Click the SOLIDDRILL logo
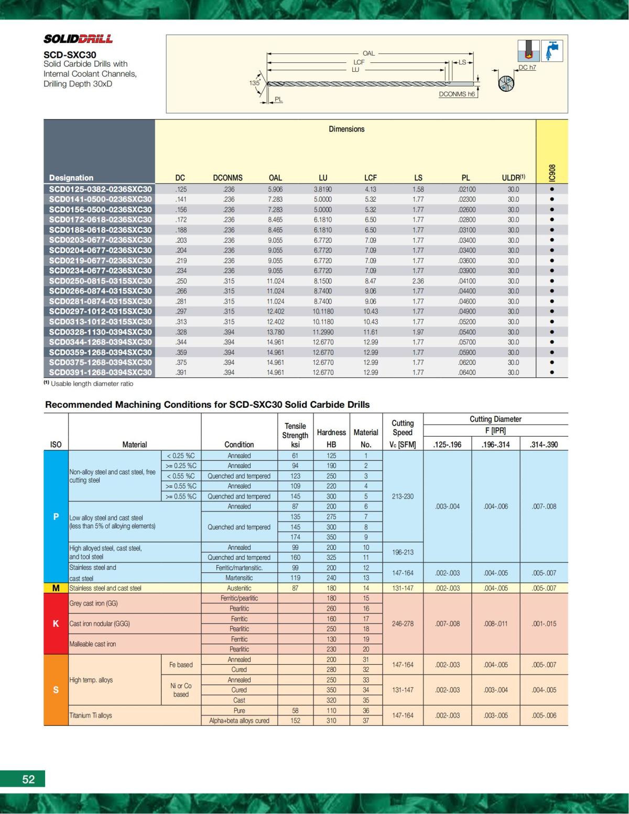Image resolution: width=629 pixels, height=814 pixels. pyautogui.click(x=78, y=39)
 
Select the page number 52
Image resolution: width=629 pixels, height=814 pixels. pyautogui.click(x=28, y=779)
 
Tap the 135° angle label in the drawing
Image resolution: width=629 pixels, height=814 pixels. pyautogui.click(x=254, y=83)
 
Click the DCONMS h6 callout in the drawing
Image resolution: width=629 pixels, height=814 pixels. pyautogui.click(x=457, y=94)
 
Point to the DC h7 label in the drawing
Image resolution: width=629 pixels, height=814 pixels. pyautogui.click(x=527, y=68)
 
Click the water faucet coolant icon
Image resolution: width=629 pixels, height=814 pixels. pyautogui.click(x=551, y=51)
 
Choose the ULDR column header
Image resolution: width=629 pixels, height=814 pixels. pyautogui.click(x=513, y=178)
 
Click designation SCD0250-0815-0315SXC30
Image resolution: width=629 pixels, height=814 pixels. pyautogui.click(x=100, y=281)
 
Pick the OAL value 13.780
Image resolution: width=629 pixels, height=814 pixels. pyautogui.click(x=275, y=332)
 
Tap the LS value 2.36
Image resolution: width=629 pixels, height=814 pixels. pyautogui.click(x=418, y=281)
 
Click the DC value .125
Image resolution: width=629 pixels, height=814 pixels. pyautogui.click(x=180, y=189)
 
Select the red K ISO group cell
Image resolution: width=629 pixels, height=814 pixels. pyautogui.click(x=56, y=624)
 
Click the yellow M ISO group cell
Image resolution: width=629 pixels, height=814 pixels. pyautogui.click(x=56, y=588)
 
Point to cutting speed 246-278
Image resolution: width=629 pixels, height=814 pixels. pyautogui.click(x=403, y=624)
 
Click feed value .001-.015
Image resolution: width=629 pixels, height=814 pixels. pyautogui.click(x=544, y=624)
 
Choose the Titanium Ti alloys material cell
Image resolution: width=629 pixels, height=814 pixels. pyautogui.click(x=91, y=715)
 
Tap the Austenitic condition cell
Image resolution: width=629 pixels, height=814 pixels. pyautogui.click(x=239, y=588)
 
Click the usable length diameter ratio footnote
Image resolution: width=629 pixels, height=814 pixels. pyautogui.click(x=89, y=384)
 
